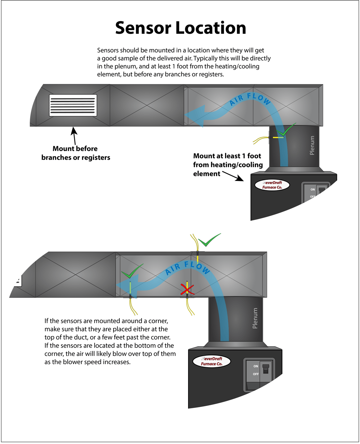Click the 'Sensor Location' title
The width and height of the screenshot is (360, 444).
pos(180,28)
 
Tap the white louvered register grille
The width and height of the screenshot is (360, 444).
pos(73,105)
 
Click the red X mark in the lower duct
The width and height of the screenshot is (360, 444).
pos(187,290)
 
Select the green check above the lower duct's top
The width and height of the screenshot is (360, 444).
pos(209,241)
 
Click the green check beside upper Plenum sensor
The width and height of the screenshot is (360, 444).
pos(286,130)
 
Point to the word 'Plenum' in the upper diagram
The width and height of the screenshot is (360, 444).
pos(312,145)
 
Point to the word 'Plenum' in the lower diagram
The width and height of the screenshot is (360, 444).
pos(255,318)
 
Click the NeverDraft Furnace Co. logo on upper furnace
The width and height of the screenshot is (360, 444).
pos(272,185)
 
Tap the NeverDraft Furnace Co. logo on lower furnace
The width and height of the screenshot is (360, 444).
pos(212,361)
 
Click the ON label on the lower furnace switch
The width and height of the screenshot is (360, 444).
pos(256,366)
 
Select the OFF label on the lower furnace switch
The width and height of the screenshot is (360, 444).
pos(256,374)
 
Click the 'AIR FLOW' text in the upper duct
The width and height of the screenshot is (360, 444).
pos(250,99)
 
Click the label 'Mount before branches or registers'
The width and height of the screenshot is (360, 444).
pos(75,153)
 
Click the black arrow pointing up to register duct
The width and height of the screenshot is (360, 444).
pos(74,135)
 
